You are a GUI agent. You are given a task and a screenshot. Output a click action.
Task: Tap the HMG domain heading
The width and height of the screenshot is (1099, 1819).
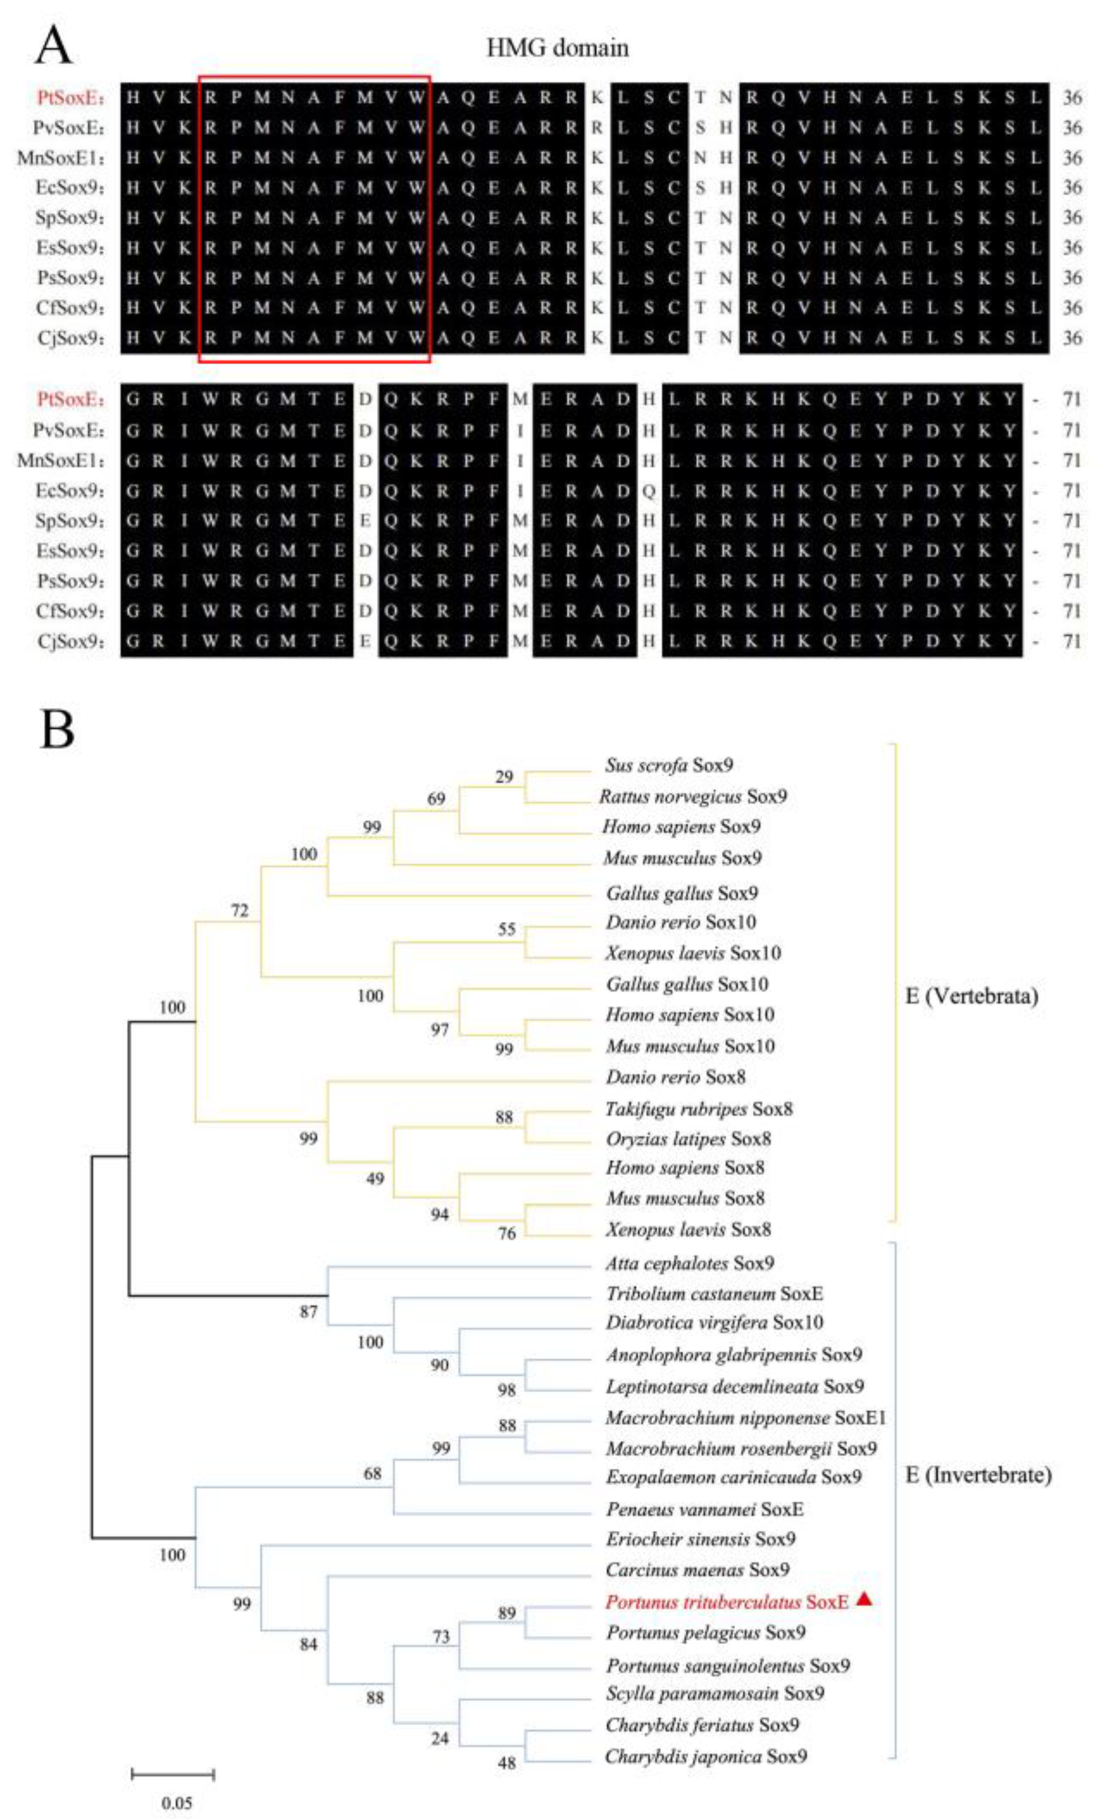click(x=557, y=49)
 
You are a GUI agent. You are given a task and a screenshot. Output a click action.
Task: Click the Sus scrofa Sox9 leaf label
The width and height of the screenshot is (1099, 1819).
click(x=668, y=765)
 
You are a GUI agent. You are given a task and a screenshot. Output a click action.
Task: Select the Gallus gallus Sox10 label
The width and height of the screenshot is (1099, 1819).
click(x=686, y=984)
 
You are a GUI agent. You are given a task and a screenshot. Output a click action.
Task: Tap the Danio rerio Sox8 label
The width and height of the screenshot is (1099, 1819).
click(x=675, y=1077)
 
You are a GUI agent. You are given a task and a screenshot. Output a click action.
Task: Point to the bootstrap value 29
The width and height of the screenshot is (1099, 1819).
click(x=504, y=777)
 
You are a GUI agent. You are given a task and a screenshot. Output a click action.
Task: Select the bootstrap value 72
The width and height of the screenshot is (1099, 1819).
click(x=239, y=911)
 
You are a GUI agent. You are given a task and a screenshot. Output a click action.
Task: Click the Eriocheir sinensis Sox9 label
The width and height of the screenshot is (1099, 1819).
click(x=701, y=1539)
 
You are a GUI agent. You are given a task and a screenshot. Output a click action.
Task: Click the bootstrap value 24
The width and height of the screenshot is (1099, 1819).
click(x=439, y=1739)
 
